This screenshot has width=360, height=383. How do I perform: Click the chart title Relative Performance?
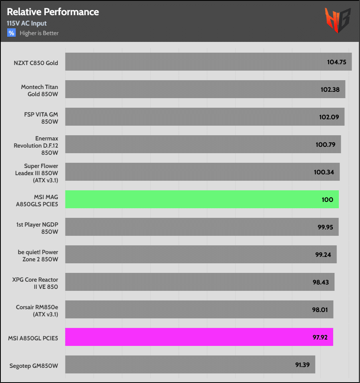pyautogui.click(x=53, y=12)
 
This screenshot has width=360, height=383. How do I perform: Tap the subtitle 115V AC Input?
pyautogui.click(x=27, y=24)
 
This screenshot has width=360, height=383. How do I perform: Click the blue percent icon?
pyautogui.click(x=11, y=33)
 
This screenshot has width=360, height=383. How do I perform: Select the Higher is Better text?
pyautogui.click(x=39, y=33)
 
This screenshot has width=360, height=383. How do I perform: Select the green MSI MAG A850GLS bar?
pyautogui.click(x=202, y=199)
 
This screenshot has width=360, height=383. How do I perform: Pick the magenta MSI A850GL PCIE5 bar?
pyautogui.click(x=199, y=337)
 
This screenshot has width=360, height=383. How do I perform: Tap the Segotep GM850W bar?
pyautogui.click(x=190, y=364)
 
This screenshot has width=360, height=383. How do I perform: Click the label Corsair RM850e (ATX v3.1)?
pyautogui.click(x=37, y=310)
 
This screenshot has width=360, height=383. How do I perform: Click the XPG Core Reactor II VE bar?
pyautogui.click(x=200, y=282)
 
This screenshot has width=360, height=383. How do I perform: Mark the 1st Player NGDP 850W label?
pyautogui.click(x=38, y=227)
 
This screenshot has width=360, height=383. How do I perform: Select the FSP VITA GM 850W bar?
pyautogui.click(x=205, y=117)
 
